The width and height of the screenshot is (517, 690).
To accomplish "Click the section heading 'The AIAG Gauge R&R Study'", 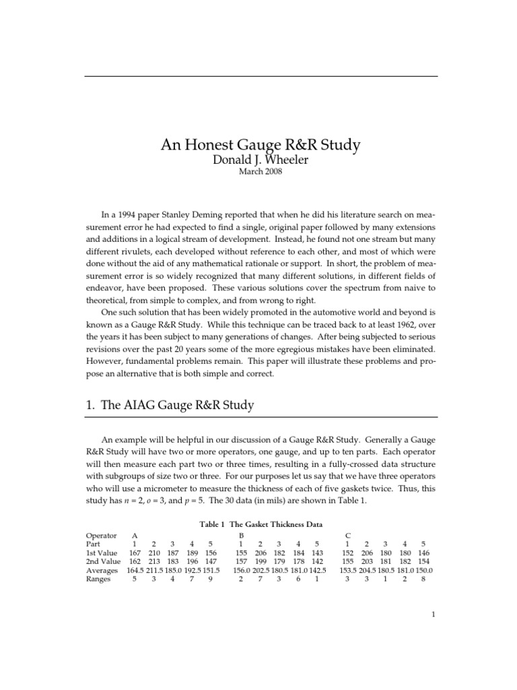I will (x=178, y=405).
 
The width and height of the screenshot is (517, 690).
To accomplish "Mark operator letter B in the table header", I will (x=240, y=534).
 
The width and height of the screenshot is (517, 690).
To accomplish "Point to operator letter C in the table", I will (x=347, y=534).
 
